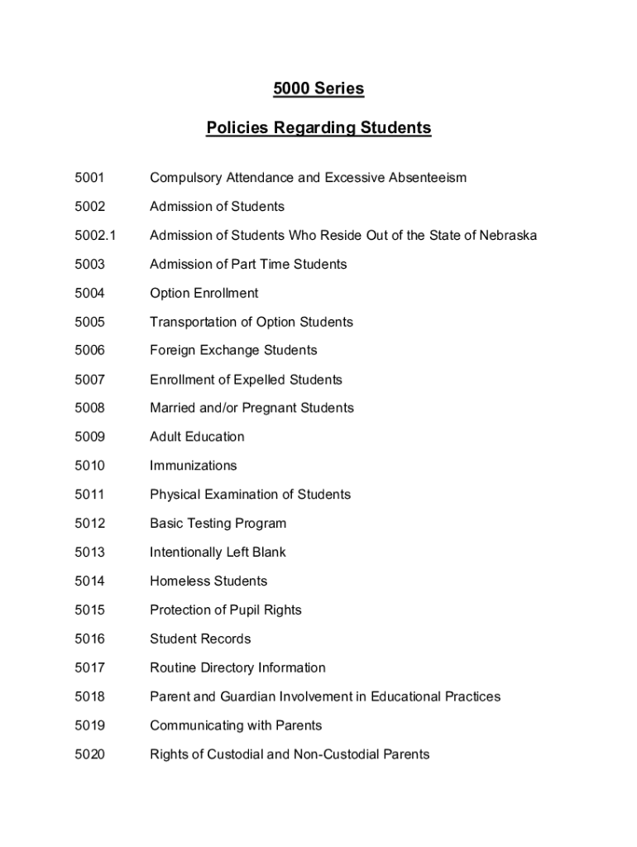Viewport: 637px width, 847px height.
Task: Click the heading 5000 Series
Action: (x=318, y=89)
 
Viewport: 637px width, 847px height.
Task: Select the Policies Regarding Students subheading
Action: (x=318, y=128)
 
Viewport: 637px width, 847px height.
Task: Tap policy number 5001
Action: (x=89, y=178)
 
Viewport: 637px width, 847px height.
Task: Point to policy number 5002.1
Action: (x=95, y=236)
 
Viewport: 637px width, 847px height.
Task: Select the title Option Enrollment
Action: (x=204, y=293)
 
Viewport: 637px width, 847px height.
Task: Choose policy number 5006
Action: (x=89, y=351)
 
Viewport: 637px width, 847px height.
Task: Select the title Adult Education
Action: (x=197, y=437)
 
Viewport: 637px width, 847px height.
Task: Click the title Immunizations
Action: (x=193, y=466)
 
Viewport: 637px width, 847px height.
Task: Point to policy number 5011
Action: (x=89, y=495)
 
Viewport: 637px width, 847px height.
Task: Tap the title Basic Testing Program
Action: (x=218, y=524)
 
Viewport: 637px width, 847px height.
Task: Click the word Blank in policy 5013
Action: (x=266, y=553)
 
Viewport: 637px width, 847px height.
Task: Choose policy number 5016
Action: (x=89, y=639)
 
